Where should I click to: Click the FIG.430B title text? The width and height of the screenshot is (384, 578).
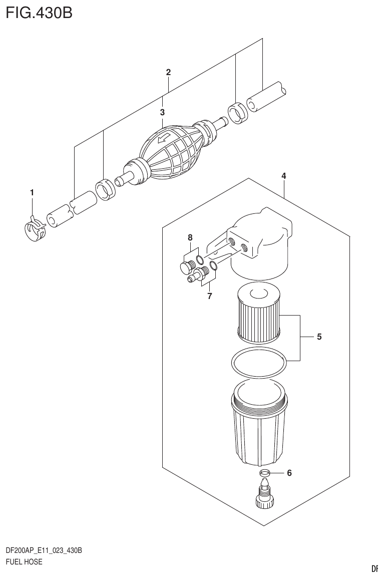tap(39, 13)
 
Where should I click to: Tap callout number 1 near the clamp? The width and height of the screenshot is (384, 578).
tap(32, 192)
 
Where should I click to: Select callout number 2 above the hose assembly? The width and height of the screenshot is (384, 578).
tap(169, 73)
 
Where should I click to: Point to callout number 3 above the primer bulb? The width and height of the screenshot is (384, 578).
tap(162, 112)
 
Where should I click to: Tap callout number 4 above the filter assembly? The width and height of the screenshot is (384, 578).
tap(284, 176)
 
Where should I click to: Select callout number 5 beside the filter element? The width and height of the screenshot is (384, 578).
tap(319, 337)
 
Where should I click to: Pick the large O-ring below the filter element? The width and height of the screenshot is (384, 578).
tap(259, 362)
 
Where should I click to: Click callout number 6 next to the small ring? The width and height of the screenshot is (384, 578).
tap(289, 472)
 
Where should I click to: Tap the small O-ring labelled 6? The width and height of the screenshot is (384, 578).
tap(265, 473)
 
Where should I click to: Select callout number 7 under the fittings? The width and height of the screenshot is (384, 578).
tap(210, 296)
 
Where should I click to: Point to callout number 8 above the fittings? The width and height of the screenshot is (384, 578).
tap(190, 237)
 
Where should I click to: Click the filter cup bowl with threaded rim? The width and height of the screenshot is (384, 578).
tap(259, 426)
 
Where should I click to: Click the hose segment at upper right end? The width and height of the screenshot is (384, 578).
tap(267, 98)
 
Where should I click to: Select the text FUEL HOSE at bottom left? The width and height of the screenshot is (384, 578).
tap(24, 562)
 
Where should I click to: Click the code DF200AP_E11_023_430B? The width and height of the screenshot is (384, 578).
tap(44, 550)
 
